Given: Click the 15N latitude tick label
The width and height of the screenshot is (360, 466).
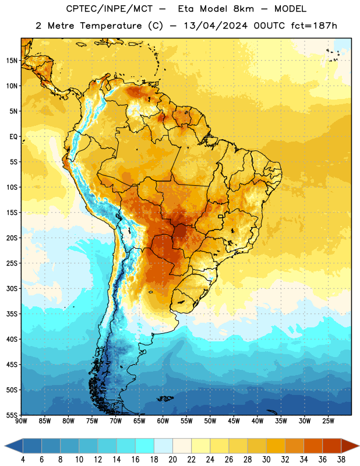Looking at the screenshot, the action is (x=12, y=61).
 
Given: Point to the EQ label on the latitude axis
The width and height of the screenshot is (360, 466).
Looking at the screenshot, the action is (x=13, y=137).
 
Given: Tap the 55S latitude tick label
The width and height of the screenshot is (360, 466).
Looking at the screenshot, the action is (x=12, y=415).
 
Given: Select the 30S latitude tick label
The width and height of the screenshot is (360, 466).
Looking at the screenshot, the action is (x=12, y=288).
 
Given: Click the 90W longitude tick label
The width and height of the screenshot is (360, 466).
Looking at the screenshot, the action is (x=21, y=421).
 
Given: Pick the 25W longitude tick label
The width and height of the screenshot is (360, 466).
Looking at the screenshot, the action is (x=328, y=421).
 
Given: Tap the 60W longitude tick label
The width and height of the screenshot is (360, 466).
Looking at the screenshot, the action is (x=163, y=421).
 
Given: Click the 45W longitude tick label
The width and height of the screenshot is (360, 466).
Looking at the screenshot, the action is (x=234, y=421).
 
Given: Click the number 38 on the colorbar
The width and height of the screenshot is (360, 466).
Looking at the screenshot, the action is (x=341, y=460).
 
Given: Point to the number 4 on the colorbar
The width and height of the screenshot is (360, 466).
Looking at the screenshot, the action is (x=23, y=460).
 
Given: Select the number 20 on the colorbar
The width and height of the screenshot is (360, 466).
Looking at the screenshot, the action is (x=172, y=460).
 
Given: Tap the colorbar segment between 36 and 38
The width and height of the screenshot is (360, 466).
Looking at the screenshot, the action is (x=332, y=446).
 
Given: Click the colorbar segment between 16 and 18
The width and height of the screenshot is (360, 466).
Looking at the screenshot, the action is (x=145, y=446).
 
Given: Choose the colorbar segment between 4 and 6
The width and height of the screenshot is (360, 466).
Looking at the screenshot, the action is (x=33, y=446).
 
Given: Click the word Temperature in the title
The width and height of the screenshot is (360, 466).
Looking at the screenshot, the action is (x=111, y=26).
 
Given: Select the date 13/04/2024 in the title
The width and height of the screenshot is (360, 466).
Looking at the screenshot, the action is (x=216, y=26).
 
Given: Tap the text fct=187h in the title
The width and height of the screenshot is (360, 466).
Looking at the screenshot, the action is (x=314, y=26).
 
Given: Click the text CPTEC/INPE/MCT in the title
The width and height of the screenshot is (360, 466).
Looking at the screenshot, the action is (x=109, y=9).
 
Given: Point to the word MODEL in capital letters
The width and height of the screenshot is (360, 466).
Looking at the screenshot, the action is (x=290, y=9).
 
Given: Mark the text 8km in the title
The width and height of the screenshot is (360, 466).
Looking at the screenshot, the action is (x=243, y=9).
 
